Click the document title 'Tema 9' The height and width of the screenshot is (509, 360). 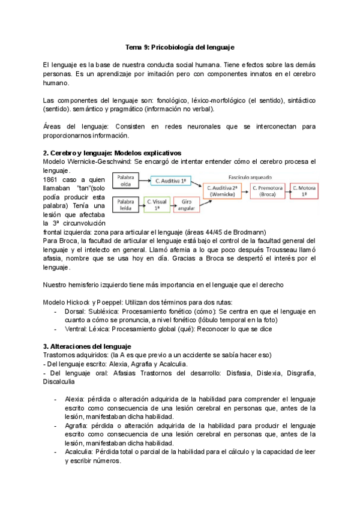pos(179,47)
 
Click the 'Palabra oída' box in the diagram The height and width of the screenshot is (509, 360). pos(125,180)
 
